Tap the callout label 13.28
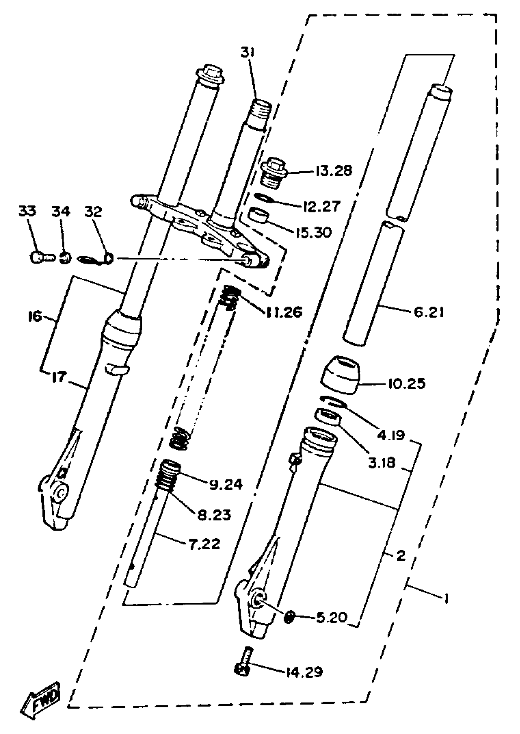coord(334,171)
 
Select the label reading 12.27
coord(322,206)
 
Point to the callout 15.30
coord(314,232)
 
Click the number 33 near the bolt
coord(27,211)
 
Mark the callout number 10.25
coord(407,383)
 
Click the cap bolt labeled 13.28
coord(273,173)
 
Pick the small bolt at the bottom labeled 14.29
coord(245,661)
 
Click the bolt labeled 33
coord(40,257)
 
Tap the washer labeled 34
coord(65,258)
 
